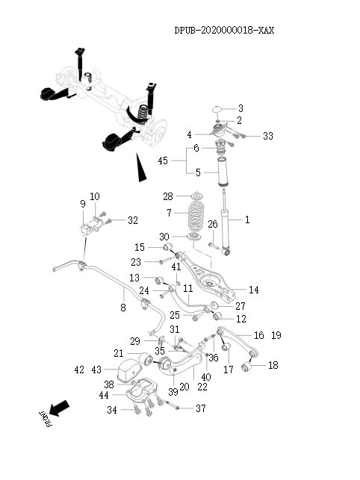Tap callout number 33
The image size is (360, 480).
pos(268,136)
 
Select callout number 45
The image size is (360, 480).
pos(162,160)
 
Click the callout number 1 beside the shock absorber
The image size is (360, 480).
pos(248,220)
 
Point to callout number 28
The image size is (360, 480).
pos(167,196)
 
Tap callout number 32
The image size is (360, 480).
pos(133,220)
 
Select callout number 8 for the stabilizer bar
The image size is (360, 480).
pos(123,307)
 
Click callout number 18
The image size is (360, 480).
pos(273,365)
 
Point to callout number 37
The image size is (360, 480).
pos(200,408)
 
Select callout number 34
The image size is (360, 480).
pos(112,410)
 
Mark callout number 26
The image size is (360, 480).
pos(212,224)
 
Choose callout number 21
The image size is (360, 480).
pos(119,353)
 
